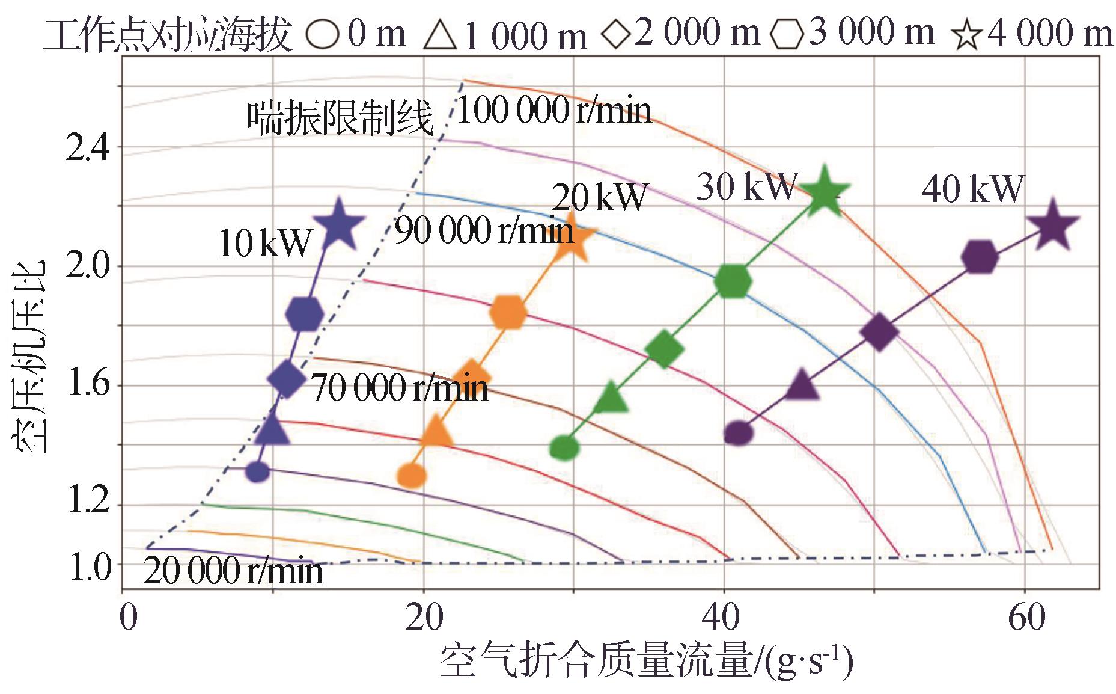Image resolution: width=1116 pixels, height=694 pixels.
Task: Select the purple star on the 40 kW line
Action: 1052,227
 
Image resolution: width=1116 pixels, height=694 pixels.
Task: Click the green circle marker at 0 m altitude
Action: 564,447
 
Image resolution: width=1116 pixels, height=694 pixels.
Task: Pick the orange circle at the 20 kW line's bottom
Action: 412,475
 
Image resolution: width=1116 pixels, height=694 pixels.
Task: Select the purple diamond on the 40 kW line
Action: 879,331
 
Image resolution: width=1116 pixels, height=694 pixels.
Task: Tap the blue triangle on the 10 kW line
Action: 272,428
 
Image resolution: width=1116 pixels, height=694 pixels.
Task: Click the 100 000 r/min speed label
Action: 554,111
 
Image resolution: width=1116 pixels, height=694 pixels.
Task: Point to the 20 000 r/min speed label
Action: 233,570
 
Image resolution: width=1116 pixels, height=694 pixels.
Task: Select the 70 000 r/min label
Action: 400,388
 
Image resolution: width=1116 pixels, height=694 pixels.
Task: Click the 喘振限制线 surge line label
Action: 340,117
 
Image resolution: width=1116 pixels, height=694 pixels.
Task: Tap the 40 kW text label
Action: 972,189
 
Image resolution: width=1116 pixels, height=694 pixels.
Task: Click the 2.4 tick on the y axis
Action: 88,147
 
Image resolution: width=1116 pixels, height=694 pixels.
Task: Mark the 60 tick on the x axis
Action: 1025,618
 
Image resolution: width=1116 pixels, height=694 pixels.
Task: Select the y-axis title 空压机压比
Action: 28,355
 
